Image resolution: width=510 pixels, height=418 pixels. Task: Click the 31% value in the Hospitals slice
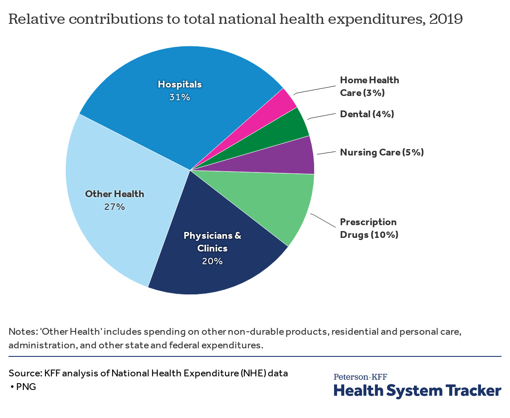pyautogui.click(x=180, y=97)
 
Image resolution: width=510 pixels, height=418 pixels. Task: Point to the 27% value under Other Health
pyautogui.click(x=115, y=207)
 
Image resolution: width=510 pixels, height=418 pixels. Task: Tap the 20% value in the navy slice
pyautogui.click(x=212, y=261)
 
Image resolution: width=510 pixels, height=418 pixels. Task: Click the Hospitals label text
pyautogui.click(x=180, y=84)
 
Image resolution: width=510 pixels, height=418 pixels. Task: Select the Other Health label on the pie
pyautogui.click(x=115, y=194)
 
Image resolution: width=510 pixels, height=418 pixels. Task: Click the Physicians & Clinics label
pyautogui.click(x=212, y=241)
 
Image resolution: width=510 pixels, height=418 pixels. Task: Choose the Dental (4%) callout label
pyautogui.click(x=367, y=114)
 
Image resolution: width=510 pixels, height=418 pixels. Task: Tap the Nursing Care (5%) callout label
pyautogui.click(x=382, y=152)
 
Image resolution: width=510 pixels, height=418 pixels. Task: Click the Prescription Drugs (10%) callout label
pyautogui.click(x=369, y=228)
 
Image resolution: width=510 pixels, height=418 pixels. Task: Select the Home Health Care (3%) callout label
pyautogui.click(x=369, y=86)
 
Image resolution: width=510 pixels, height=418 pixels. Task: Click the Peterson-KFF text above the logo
pyautogui.click(x=360, y=376)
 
